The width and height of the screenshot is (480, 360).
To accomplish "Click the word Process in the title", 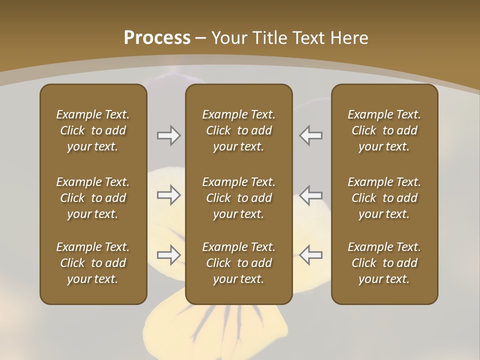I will pyautogui.click(x=157, y=38).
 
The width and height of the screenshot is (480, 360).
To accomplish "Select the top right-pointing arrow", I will pyautogui.click(x=168, y=135).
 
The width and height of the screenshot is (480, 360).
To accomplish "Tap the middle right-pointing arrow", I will pyautogui.click(x=168, y=195).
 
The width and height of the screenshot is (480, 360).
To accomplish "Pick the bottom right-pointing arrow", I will pyautogui.click(x=168, y=255).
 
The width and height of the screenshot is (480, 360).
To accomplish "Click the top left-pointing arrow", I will pyautogui.click(x=311, y=135).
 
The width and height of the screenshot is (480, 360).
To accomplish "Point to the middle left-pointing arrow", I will pyautogui.click(x=311, y=195).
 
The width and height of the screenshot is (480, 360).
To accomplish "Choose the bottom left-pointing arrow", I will pyautogui.click(x=311, y=255).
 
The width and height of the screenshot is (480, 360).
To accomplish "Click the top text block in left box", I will pyautogui.click(x=93, y=130).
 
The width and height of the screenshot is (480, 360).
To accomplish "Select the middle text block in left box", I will pyautogui.click(x=93, y=198).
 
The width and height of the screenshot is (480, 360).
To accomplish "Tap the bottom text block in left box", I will pyautogui.click(x=93, y=263).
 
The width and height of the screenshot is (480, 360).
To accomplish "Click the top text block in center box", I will pyautogui.click(x=238, y=130).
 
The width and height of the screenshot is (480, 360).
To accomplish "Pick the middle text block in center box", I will pyautogui.click(x=238, y=198).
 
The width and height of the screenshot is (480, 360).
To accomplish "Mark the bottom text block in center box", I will pyautogui.click(x=238, y=263).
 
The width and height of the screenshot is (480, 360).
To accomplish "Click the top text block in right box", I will pyautogui.click(x=384, y=130).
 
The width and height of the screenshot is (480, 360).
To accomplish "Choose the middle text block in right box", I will pyautogui.click(x=384, y=198).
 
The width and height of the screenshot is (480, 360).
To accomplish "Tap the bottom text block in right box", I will pyautogui.click(x=384, y=263).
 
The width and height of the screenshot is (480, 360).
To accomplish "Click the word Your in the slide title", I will pyautogui.click(x=229, y=38).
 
